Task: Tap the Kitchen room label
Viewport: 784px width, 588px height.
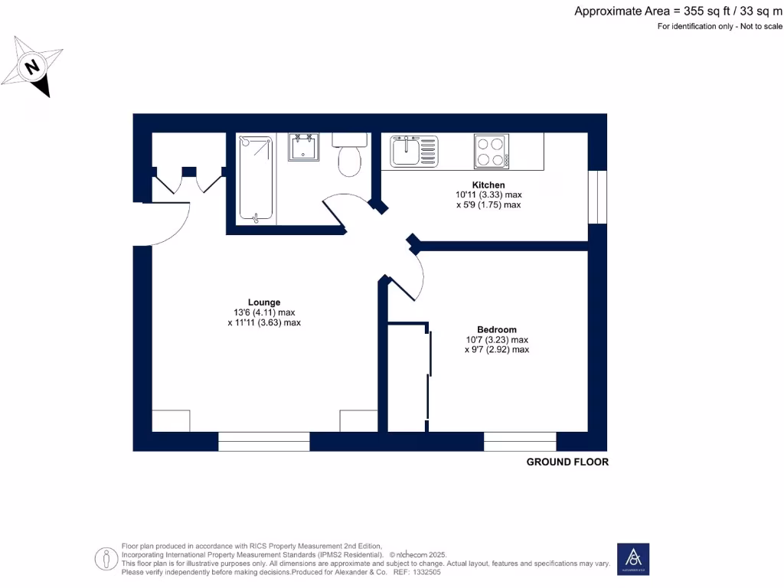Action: (x=488, y=185)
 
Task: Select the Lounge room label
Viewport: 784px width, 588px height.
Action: (x=263, y=302)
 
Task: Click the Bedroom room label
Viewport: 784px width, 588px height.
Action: (x=496, y=329)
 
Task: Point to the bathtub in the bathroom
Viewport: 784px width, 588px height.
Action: (x=256, y=179)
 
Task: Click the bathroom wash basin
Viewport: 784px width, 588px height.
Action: (x=304, y=147)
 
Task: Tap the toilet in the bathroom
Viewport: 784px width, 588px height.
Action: (x=350, y=157)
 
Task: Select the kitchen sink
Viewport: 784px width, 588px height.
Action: (x=413, y=150)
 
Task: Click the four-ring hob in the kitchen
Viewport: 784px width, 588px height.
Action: (x=492, y=150)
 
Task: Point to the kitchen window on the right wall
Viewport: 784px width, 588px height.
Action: (x=597, y=197)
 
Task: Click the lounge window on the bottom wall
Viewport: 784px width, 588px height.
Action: (x=263, y=441)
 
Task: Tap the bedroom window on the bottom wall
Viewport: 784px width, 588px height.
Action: (x=520, y=441)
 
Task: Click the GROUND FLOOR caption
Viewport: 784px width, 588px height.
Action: (x=567, y=462)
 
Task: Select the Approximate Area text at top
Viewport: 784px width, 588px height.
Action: (x=678, y=11)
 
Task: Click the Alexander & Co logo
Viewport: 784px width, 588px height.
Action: (x=633, y=559)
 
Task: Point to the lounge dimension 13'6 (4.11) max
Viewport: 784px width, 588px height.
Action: (x=264, y=312)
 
